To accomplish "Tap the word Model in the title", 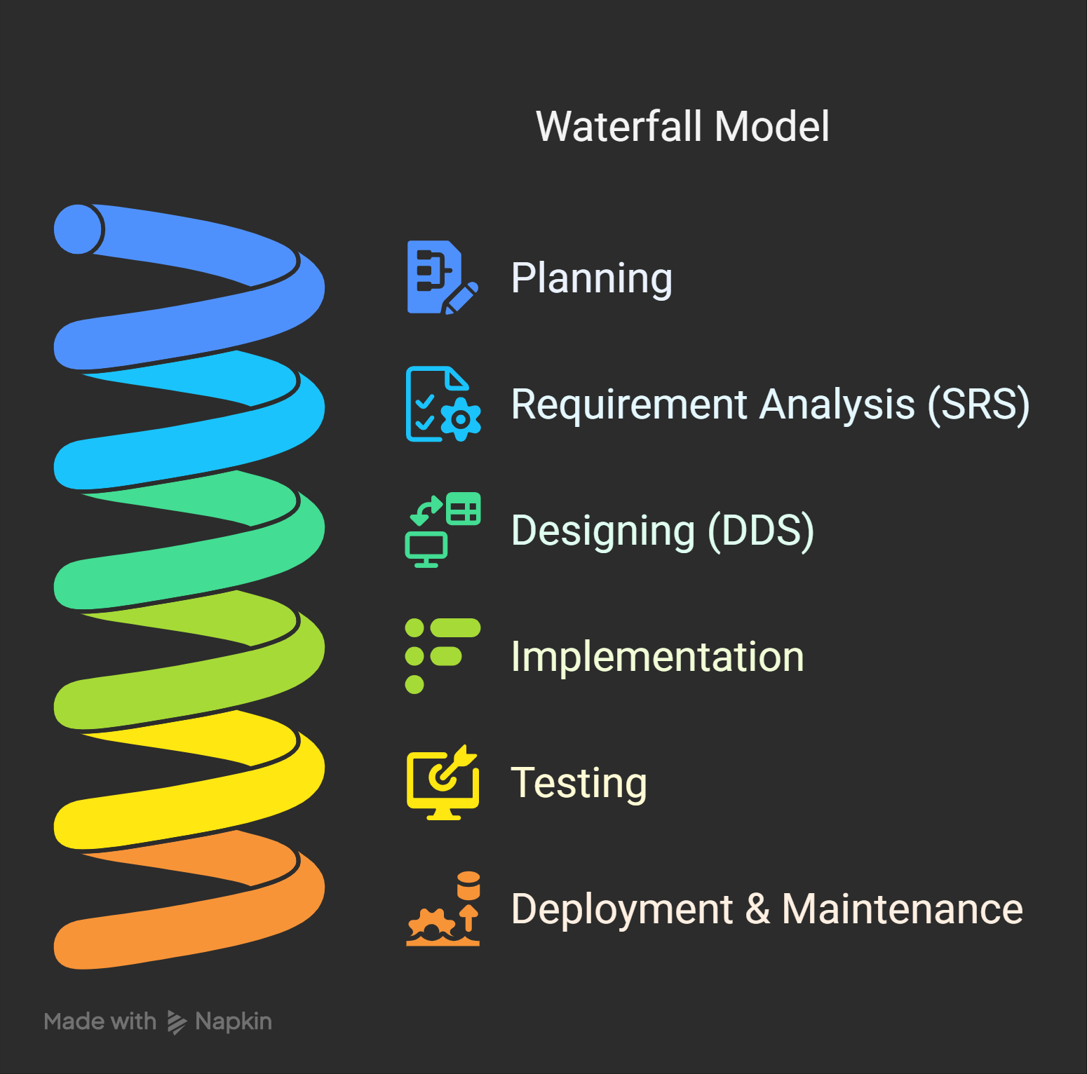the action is point(772,127).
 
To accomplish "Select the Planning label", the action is point(592,278).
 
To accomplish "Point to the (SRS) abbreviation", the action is point(978,405).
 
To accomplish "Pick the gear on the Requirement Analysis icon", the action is point(461,419).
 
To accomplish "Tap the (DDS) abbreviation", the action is point(761,531).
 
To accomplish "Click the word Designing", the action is point(603,531).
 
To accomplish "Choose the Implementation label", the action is point(657,657).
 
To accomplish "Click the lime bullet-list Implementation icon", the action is point(443,656).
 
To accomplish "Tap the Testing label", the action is point(579,783).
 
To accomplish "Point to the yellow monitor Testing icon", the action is point(443,782).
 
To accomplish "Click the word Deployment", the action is point(622,909).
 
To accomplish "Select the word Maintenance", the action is point(902,909).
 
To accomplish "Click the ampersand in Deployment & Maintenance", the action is point(757,909).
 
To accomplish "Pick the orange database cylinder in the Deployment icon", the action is point(468,885).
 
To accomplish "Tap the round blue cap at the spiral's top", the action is point(79,229).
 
